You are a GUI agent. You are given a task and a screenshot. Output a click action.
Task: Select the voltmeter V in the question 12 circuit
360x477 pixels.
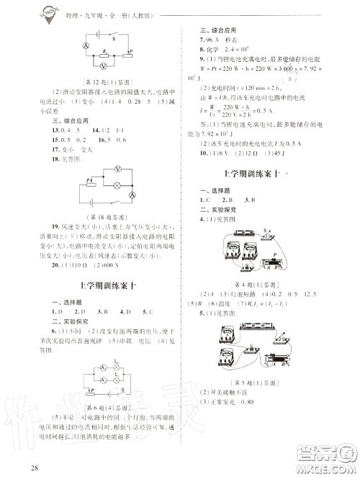[104, 64]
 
